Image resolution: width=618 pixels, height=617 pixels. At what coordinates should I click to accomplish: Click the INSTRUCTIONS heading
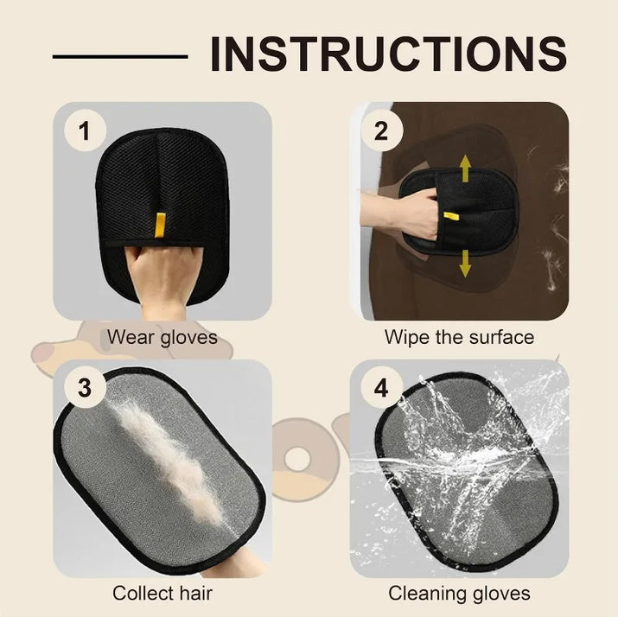[x=388, y=53]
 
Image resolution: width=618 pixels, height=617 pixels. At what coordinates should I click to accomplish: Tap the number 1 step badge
[x=84, y=131]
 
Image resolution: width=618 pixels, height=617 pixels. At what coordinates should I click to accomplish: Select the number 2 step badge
[x=380, y=131]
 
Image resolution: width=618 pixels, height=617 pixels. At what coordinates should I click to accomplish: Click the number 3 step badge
[x=84, y=388]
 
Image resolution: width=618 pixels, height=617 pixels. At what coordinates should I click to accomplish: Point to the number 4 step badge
[x=380, y=388]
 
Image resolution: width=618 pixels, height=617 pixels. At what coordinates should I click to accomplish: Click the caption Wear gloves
[x=162, y=336]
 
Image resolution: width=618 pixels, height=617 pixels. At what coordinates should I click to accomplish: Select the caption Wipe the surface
[x=459, y=336]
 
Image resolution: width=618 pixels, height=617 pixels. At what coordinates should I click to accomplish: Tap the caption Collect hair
[x=162, y=593]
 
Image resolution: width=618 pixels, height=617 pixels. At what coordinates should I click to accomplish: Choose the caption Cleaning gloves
[x=459, y=593]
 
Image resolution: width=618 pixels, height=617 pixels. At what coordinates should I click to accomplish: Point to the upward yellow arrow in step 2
[x=465, y=168]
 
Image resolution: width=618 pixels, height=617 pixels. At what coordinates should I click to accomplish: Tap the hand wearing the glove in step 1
[x=159, y=277]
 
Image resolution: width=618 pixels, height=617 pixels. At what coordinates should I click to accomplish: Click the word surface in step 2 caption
[x=500, y=336]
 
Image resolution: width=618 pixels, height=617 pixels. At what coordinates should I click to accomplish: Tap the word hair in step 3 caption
[x=196, y=593]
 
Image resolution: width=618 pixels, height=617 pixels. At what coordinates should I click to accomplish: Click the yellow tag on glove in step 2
[x=449, y=216]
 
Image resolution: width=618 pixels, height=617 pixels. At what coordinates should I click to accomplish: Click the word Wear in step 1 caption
[x=127, y=336]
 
